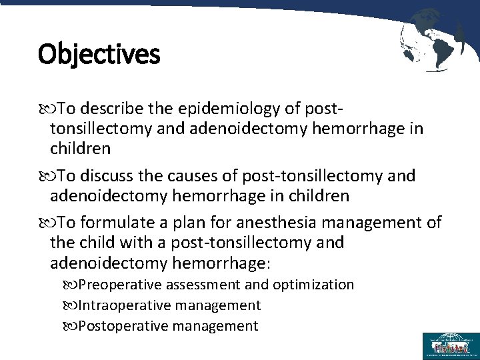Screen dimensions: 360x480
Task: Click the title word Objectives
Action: (x=99, y=54)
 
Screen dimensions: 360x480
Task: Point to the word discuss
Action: (x=107, y=176)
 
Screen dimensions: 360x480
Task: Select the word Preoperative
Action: (x=120, y=285)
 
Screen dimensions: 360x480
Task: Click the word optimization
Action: (x=313, y=285)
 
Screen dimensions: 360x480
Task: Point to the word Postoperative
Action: (x=123, y=326)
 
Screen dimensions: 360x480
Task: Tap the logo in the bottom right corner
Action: (x=450, y=345)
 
